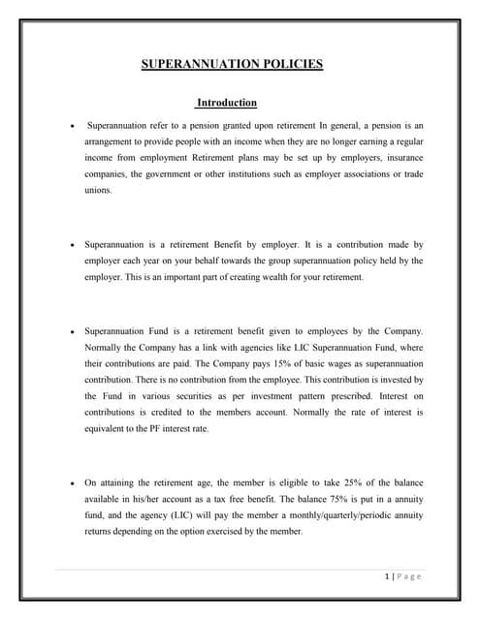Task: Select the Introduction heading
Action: tap(227, 103)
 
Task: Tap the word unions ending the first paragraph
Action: tap(98, 191)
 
